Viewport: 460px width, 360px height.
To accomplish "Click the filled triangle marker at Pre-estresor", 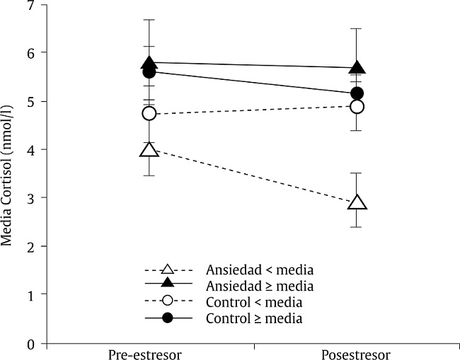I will tap(149, 64).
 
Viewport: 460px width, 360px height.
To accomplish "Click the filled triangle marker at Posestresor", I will tap(357, 68).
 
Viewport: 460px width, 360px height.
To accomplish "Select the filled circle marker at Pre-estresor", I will tap(149, 72).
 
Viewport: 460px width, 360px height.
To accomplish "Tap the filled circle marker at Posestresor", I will tap(357, 93).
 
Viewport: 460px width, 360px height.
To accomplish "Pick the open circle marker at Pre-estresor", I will tap(149, 113).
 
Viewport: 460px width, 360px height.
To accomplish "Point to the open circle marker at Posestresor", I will tap(357, 107).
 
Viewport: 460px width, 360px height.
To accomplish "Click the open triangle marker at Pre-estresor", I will tap(149, 149).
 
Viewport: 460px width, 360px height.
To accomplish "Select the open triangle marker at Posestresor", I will tap(357, 203).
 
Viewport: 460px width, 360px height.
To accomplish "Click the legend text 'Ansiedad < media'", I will tap(260, 269).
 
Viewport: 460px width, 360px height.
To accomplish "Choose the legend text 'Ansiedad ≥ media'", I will tap(260, 286).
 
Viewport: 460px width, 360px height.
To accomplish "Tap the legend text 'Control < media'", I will tap(254, 302).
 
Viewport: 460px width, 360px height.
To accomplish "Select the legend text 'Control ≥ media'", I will tap(254, 318).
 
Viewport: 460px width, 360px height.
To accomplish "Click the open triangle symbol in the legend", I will tap(168, 269).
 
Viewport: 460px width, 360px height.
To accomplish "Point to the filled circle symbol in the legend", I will tap(168, 318).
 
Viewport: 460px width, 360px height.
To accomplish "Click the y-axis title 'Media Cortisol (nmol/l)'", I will tap(8, 173).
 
